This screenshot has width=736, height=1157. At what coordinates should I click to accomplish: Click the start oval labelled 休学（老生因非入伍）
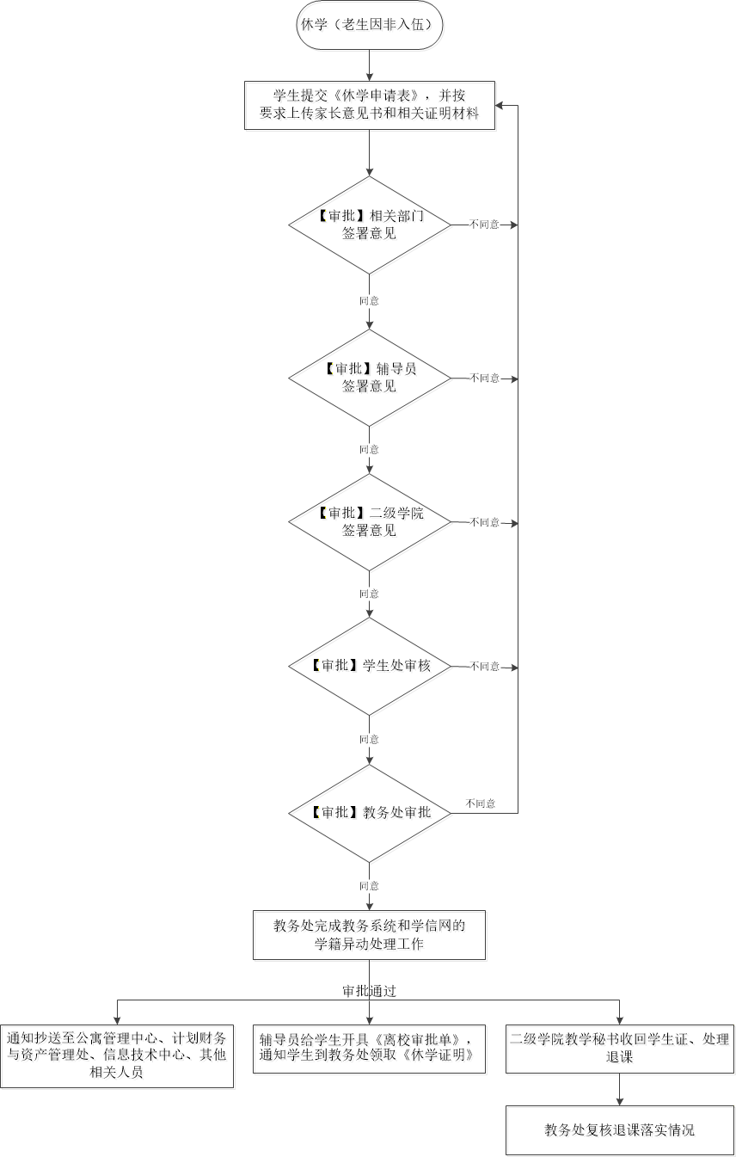(370, 26)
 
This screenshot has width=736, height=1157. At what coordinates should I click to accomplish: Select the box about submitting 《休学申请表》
(370, 105)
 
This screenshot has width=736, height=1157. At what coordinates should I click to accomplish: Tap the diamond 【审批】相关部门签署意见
(370, 225)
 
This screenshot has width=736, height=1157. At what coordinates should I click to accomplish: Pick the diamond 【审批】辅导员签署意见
(370, 378)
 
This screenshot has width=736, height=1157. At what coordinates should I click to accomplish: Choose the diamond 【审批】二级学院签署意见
(370, 522)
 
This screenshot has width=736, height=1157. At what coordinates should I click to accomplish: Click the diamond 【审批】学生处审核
(370, 666)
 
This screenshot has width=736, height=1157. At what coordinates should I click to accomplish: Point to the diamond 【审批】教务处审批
(370, 813)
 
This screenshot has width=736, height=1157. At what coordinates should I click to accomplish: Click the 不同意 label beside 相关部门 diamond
(484, 225)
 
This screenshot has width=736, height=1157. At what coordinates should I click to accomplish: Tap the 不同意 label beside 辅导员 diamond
(484, 378)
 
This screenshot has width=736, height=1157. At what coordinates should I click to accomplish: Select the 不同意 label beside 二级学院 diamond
(484, 522)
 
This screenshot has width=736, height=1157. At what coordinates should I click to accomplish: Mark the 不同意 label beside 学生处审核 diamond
(484, 666)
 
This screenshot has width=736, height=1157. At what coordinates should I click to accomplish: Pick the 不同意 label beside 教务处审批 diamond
(481, 803)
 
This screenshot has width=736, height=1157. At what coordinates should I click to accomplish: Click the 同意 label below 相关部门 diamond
(369, 301)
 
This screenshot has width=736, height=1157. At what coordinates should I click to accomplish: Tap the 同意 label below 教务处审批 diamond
(369, 886)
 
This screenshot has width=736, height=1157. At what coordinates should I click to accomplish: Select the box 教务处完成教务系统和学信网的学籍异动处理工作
(370, 934)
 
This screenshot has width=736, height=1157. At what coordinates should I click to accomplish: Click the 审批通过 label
(370, 991)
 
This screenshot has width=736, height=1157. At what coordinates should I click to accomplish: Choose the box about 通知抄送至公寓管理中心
(117, 1055)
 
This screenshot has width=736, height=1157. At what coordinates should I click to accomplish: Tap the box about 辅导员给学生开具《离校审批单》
(370, 1048)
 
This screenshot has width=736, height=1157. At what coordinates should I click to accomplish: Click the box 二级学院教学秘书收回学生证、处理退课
(619, 1048)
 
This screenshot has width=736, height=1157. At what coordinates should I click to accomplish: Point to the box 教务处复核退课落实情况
(619, 1129)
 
